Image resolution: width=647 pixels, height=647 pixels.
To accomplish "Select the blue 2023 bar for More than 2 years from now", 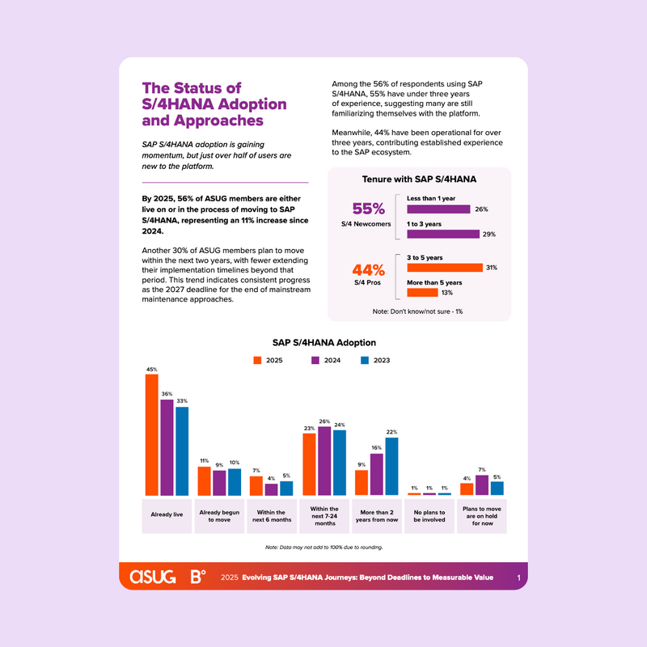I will coord(391,466).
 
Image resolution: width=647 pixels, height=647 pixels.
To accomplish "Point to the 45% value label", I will coord(151,370).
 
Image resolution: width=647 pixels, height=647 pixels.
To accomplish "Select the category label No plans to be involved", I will coord(429,517).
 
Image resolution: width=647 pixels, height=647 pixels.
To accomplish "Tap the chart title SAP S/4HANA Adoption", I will coord(323,342).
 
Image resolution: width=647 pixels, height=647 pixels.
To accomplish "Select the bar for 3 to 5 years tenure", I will coord(444,268).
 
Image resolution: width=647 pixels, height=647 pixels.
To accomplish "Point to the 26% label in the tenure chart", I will coord(481,209).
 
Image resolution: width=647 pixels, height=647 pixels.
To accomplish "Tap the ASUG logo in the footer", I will coord(154,577).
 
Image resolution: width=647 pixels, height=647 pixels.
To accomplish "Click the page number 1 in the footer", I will coord(518,577).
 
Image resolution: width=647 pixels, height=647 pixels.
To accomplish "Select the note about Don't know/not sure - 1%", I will coord(419,311).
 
